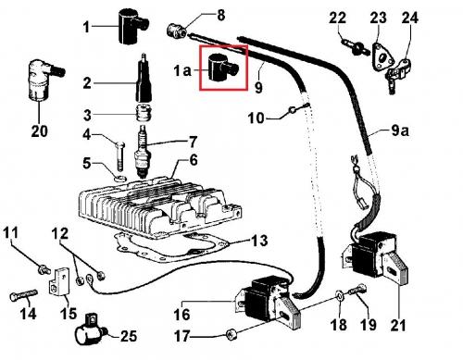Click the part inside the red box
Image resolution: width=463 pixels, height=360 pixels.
coord(221,68)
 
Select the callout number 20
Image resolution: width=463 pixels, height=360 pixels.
coord(40,131)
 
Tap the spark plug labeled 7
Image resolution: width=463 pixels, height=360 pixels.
coord(143,152)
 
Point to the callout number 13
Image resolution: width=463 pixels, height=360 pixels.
coord(258,241)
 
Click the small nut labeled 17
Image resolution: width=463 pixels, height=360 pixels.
coord(231,335)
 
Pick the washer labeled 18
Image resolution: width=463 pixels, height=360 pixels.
coord(341,296)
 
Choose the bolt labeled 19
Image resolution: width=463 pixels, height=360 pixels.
coord(357,290)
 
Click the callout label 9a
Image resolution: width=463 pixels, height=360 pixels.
coord(400,130)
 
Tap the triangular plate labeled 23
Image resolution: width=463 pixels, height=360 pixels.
coord(382,57)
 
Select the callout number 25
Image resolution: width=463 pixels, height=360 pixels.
coord(129,336)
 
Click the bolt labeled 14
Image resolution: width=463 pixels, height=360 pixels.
coord(23,295)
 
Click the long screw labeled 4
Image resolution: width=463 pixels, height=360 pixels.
coord(120,155)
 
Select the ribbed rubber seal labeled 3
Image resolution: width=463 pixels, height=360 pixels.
coord(143,113)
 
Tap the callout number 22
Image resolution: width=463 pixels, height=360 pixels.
coord(337,18)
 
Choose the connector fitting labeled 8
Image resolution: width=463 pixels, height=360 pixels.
coord(176,31)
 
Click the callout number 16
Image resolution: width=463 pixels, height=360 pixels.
coord(181,315)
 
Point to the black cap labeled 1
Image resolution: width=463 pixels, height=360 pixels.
coord(133,26)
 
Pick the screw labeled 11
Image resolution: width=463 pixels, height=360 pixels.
coord(44,269)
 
